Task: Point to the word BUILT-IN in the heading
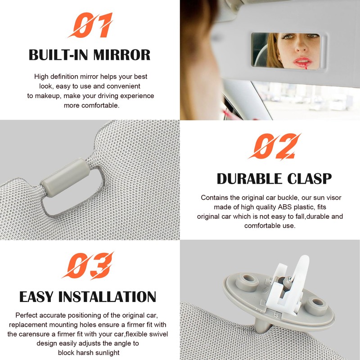pos(55,55)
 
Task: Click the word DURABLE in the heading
pos(251,179)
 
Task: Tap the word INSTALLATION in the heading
pos(113,297)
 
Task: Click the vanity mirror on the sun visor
pos(288,50)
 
